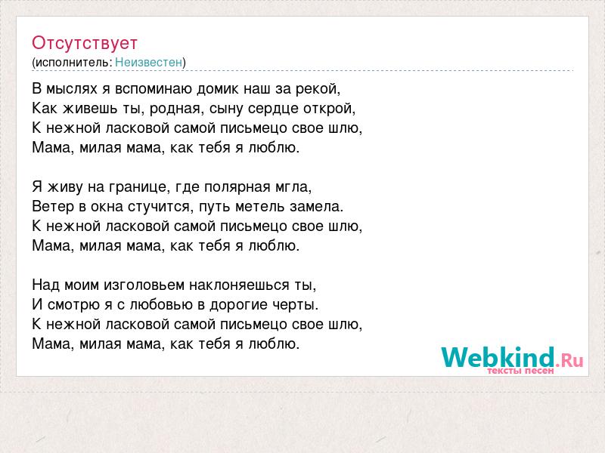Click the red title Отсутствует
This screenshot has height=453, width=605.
pos(85,43)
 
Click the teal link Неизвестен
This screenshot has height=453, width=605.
pos(148,62)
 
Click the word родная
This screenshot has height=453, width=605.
pos(176,109)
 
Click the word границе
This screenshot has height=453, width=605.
pos(140,187)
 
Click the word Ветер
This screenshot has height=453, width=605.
pos(53,206)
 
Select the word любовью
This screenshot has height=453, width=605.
pos(161,305)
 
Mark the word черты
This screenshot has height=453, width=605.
pos(296,305)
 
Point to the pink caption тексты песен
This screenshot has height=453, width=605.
pos(520,371)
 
